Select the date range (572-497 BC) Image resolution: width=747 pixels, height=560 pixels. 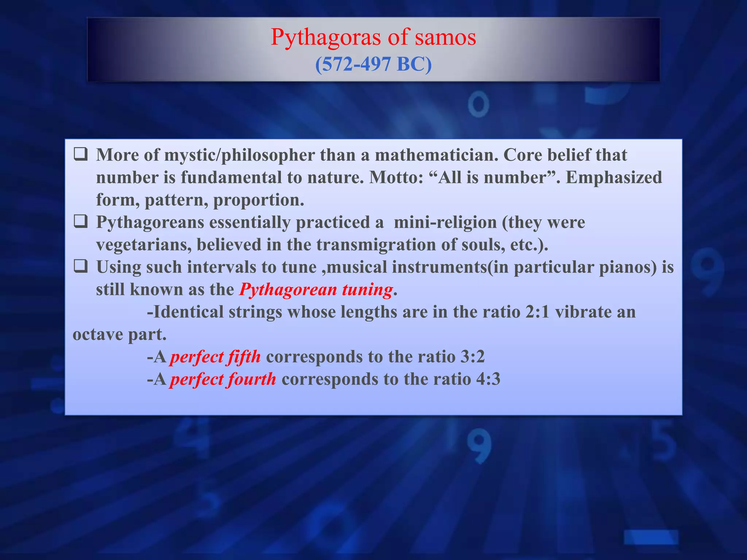coord(373,64)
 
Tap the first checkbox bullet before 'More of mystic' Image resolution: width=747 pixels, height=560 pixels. coord(81,155)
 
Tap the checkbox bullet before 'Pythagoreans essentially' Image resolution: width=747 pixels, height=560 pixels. coord(81,222)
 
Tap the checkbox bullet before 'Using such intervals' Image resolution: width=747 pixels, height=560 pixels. coord(81,267)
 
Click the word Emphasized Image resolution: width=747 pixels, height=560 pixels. coord(614,177)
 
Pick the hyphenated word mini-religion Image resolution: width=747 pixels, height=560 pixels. coord(445,222)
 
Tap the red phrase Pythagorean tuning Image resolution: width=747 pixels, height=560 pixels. coord(316,289)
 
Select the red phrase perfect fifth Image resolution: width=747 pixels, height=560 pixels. coord(216,357)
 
